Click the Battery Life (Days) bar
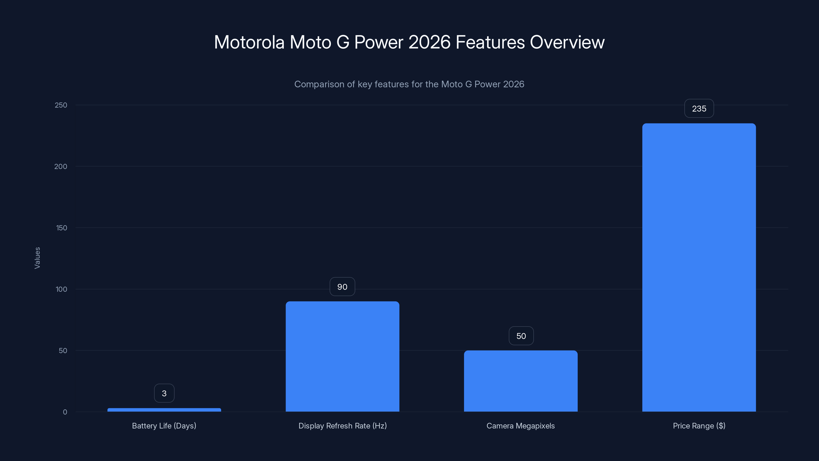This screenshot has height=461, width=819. (x=164, y=410)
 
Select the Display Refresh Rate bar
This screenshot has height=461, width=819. (x=342, y=356)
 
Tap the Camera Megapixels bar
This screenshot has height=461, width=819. (x=521, y=381)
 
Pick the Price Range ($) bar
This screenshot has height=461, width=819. (x=699, y=267)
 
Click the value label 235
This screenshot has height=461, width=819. (x=699, y=109)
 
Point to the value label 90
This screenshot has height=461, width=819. (x=342, y=287)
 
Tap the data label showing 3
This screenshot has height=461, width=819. (x=164, y=393)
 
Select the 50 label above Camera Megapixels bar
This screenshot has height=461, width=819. (x=521, y=336)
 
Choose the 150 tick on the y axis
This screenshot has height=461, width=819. (x=61, y=228)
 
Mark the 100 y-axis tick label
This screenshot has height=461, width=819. (x=61, y=289)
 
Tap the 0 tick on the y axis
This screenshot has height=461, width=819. (x=65, y=412)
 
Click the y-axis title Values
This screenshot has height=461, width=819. (x=37, y=258)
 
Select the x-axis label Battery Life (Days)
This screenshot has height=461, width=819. (x=164, y=426)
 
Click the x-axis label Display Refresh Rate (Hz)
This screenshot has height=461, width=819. (x=342, y=426)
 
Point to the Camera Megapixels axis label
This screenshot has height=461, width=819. (x=521, y=426)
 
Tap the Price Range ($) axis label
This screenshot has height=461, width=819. (x=699, y=426)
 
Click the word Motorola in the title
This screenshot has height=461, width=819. (x=249, y=42)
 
